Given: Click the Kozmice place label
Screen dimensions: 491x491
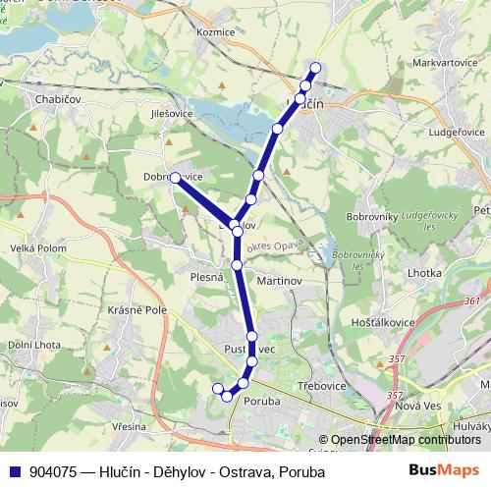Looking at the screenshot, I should point(215,32).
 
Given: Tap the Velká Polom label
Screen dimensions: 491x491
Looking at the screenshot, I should point(36,248).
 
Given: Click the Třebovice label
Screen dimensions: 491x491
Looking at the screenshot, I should point(322,386).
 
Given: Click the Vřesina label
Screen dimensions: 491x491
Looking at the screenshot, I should point(129,427).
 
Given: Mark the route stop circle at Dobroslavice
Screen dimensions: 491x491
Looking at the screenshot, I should point(174,178).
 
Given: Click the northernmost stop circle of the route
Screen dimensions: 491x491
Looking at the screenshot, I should point(315,68).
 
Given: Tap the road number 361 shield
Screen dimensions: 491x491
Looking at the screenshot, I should point(472,301).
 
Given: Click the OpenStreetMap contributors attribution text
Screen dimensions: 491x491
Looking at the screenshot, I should point(406,440).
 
